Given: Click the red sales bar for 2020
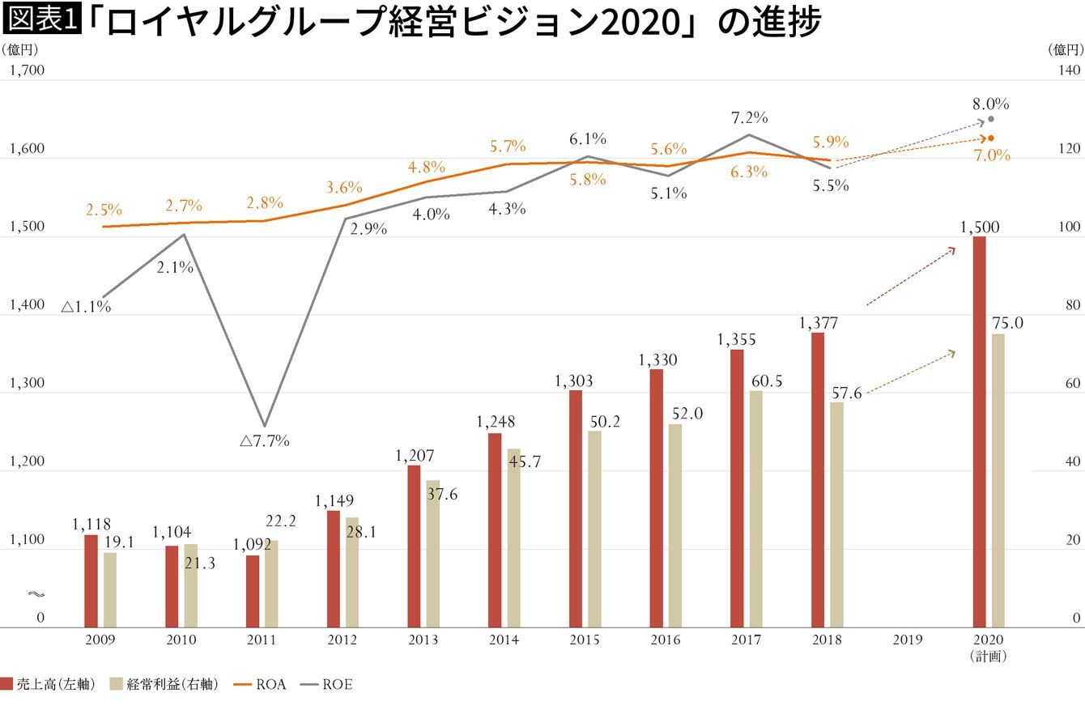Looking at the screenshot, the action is coord(980,432).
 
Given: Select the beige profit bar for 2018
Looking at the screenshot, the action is coord(836,515).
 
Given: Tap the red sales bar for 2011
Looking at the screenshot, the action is coord(253,591).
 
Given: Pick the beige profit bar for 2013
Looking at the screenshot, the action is coord(433,554).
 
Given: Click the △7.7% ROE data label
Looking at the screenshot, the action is coord(265,440).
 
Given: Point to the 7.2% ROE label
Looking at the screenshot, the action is coord(749,117).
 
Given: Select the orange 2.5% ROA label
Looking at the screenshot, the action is coord(104,210).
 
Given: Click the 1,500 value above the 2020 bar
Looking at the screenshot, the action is coord(980,227).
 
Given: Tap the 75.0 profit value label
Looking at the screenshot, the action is coord(1007,323).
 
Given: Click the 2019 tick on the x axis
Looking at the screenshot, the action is coord(908,640).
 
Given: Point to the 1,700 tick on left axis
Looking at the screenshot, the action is coord(28,70).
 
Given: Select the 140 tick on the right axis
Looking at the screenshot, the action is coord(1069,70).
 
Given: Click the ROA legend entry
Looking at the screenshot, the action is coord(260,684).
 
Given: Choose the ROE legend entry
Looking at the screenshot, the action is coord(326,684).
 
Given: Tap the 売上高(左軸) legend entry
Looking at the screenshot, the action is coord(48,684).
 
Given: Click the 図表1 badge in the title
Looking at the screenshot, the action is coord(41,19).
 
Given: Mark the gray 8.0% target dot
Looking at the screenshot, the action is coord(991,119).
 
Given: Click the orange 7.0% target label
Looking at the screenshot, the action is coord(992,155).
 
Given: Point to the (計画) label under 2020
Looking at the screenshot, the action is coord(988,657).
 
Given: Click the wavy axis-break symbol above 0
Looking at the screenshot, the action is coord(36,594).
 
